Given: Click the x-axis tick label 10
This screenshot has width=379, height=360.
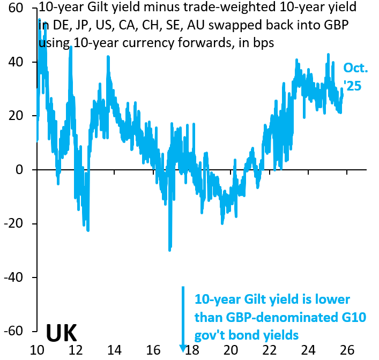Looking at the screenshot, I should [36, 350].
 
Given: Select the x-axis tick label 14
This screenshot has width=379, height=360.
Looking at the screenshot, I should [114, 350].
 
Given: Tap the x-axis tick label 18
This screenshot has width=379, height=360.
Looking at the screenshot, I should [192, 350].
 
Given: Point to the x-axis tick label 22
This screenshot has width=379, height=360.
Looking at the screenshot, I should [270, 350].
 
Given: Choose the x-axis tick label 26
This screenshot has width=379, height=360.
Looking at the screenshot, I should [347, 350].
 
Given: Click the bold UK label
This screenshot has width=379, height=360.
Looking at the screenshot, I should [61, 333].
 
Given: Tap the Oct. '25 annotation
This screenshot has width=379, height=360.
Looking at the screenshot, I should [355, 77].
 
